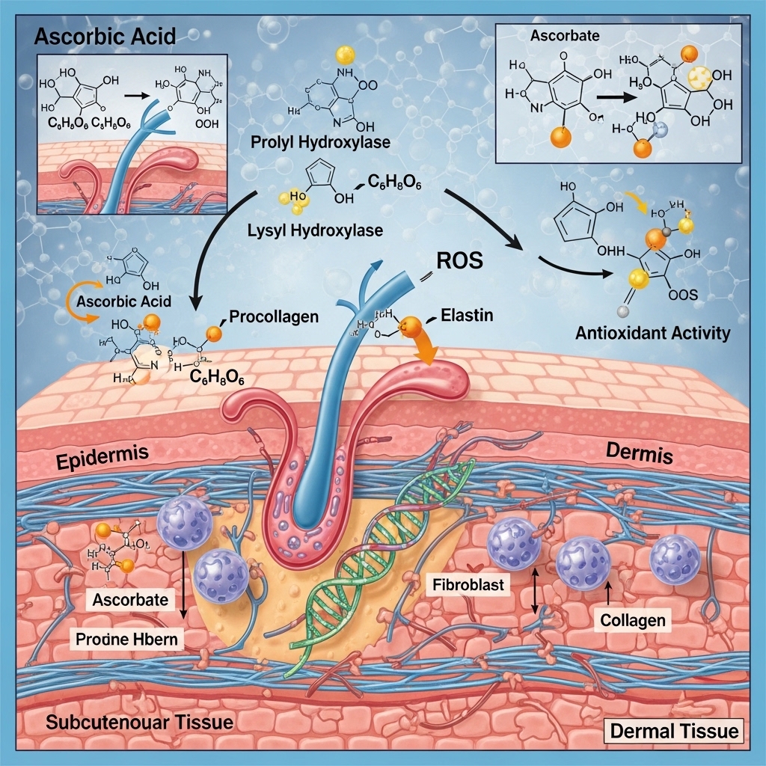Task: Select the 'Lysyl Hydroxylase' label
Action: [315, 230]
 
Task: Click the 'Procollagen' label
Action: [274, 316]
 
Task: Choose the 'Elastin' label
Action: [468, 315]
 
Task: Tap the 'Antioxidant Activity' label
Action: [652, 333]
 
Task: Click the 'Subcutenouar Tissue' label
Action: [140, 723]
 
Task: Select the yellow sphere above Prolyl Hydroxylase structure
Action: [345, 54]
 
